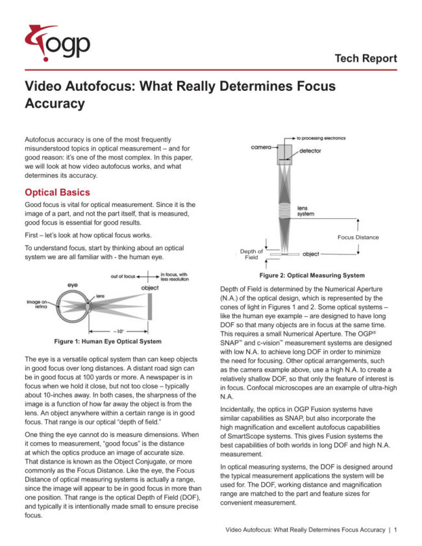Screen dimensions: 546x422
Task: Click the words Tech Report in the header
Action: [x=366, y=58]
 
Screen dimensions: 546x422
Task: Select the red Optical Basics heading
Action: [x=56, y=192]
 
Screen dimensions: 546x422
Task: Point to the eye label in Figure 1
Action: [x=73, y=285]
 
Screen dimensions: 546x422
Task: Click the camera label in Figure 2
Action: [x=260, y=147]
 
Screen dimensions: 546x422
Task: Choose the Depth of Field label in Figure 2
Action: [x=252, y=254]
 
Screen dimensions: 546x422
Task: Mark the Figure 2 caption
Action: [x=313, y=275]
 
